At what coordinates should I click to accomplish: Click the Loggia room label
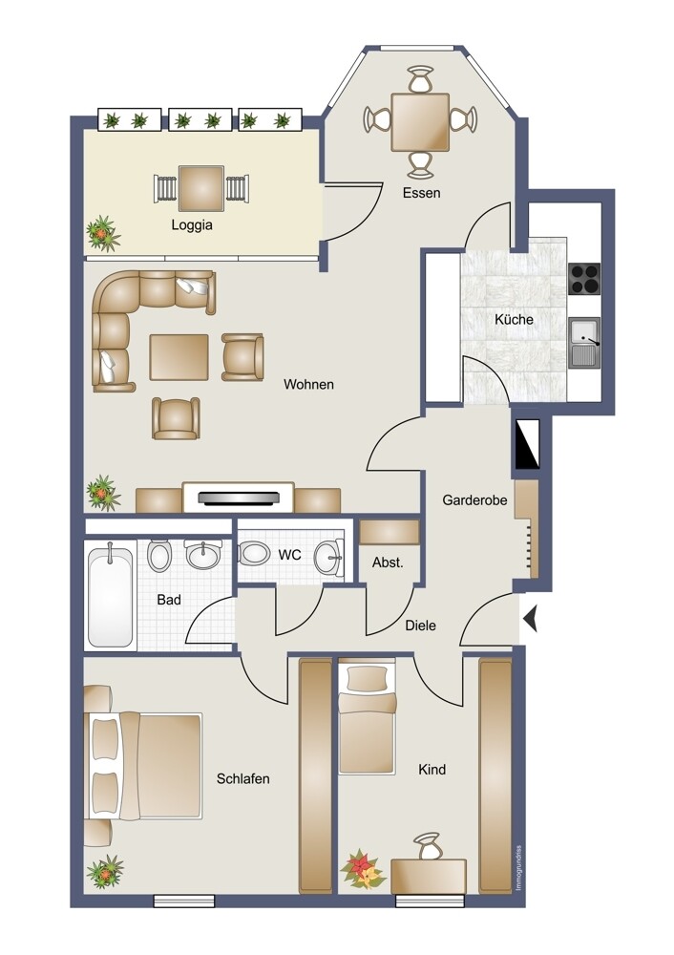click(x=192, y=225)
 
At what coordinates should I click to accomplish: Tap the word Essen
click(x=421, y=193)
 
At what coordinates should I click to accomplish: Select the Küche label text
click(x=514, y=320)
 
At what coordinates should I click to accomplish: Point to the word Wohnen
click(x=308, y=384)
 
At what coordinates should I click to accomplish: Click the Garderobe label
click(x=474, y=500)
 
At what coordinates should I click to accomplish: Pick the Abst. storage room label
click(x=388, y=562)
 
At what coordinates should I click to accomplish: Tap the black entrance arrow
click(x=530, y=620)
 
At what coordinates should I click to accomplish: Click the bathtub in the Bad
click(x=110, y=597)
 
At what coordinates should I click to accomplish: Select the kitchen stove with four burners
click(x=584, y=278)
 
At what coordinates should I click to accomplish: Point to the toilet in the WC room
click(x=254, y=553)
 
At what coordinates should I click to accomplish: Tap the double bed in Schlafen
click(x=146, y=766)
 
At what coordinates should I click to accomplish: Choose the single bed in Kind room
click(x=368, y=719)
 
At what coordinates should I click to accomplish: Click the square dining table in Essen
click(x=420, y=122)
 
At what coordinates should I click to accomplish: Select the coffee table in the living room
click(x=179, y=357)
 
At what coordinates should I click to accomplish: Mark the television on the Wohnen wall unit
click(x=239, y=499)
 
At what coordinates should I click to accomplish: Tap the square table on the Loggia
click(x=200, y=188)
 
